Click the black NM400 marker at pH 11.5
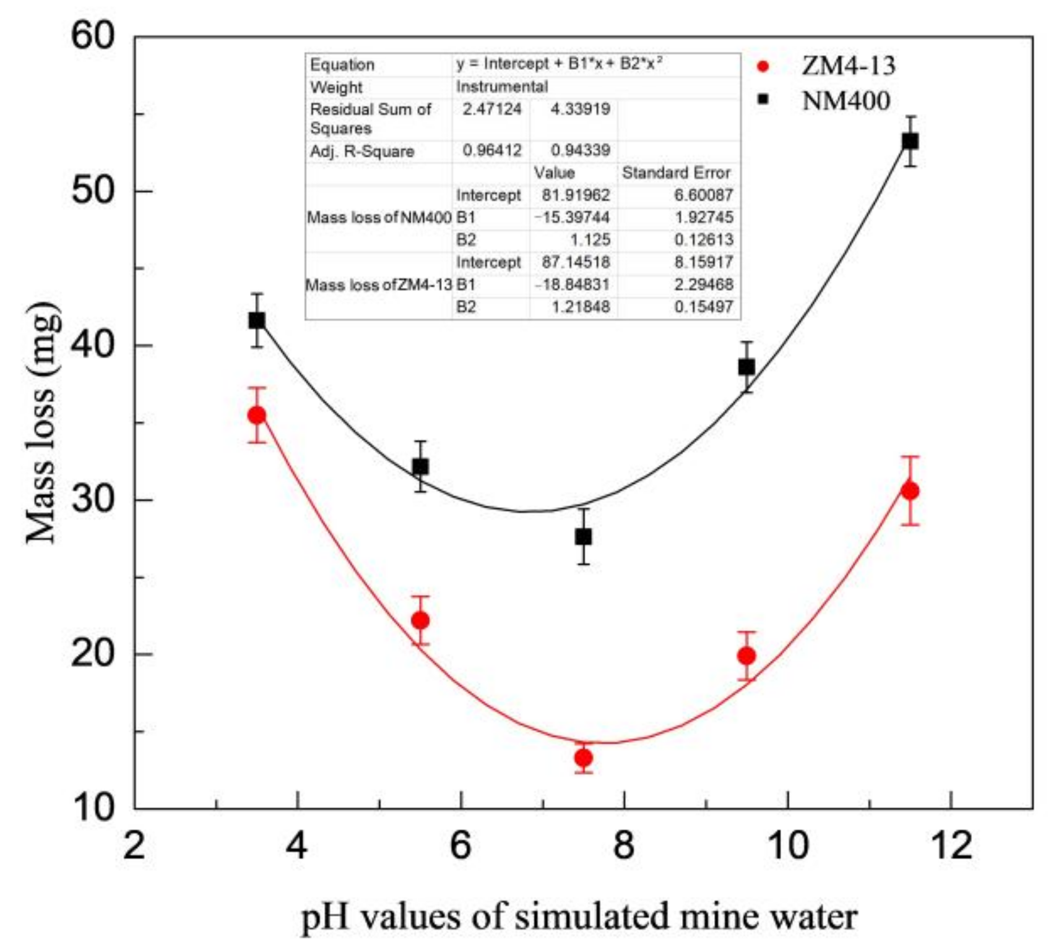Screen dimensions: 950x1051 [x=909, y=141]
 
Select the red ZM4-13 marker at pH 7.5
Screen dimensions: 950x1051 [x=583, y=757]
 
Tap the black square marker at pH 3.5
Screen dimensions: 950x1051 [x=257, y=320]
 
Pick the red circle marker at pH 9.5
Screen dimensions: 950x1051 [x=746, y=656]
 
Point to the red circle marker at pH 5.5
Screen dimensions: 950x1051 [x=420, y=620]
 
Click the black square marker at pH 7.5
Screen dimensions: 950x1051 [x=583, y=537]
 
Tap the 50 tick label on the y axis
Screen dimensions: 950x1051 [x=93, y=190]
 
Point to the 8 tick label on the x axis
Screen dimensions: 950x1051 [x=624, y=845]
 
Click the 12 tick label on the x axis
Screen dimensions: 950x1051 [x=951, y=845]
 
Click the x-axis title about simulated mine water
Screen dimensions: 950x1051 [x=579, y=917]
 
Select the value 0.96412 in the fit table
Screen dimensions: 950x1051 [x=492, y=150]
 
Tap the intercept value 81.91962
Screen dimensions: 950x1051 [x=576, y=195]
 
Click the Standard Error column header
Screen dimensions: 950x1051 [x=676, y=173]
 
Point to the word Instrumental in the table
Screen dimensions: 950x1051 [x=502, y=87]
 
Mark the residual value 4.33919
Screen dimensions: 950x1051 [x=580, y=109]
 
